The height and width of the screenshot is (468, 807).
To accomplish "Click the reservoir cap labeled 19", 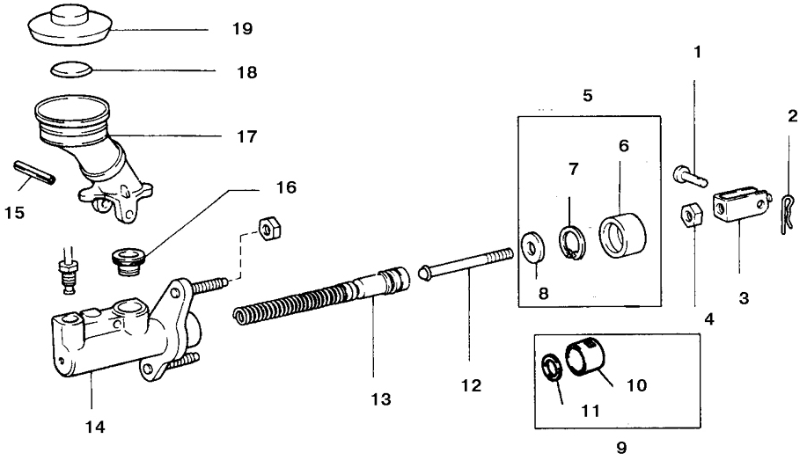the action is (x=70, y=26).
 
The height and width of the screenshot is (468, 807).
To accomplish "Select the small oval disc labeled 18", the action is (x=71, y=69).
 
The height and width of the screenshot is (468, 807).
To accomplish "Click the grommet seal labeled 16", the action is (x=128, y=261).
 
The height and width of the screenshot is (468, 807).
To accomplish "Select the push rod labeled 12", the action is (x=466, y=264).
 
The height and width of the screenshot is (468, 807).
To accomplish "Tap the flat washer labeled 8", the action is (x=533, y=245).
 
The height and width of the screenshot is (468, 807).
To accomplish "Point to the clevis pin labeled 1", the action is (x=690, y=176).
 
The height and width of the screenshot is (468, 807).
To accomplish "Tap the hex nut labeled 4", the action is (x=690, y=214).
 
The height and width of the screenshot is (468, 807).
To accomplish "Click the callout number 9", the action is (x=621, y=448).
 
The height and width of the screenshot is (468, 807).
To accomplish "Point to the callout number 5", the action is (x=588, y=96).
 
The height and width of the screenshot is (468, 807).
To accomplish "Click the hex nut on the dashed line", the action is (x=268, y=227).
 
